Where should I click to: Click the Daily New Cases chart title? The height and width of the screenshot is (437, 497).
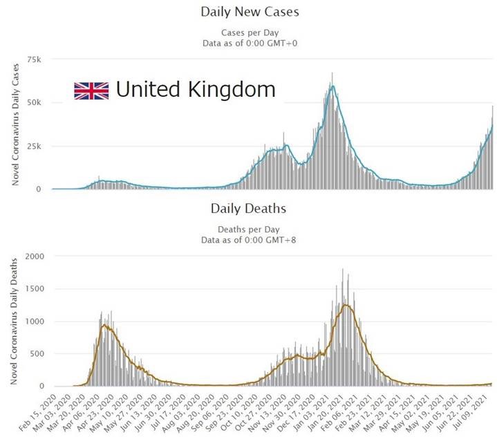click(250, 12)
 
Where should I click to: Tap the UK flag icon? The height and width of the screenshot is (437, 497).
click(91, 91)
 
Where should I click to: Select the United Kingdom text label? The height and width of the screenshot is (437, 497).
click(195, 89)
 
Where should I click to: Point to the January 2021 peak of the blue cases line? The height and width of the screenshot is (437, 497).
click(333, 86)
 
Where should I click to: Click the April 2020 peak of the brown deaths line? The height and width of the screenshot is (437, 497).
click(105, 325)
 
